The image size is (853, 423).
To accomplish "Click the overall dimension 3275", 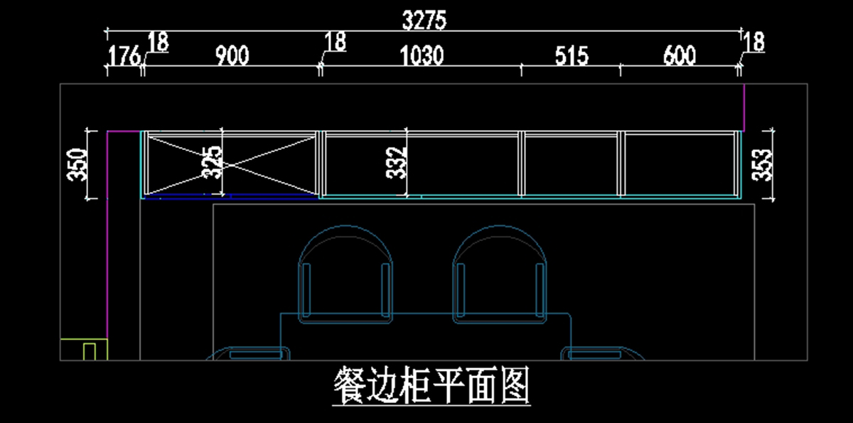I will (x=424, y=21).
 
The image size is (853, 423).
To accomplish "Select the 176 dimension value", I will (x=124, y=56).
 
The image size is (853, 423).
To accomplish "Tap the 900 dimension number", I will (x=232, y=55).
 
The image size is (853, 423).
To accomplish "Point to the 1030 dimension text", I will (x=422, y=55).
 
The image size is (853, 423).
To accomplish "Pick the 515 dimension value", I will (x=573, y=55).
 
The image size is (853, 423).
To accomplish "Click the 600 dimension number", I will (x=679, y=55).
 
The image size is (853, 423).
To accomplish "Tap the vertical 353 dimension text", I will (x=763, y=164).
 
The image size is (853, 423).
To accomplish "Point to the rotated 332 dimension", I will (x=399, y=163).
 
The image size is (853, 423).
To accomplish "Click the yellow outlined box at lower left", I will (x=83, y=349).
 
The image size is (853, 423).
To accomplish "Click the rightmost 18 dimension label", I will (x=754, y=43).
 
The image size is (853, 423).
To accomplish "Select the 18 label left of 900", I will (x=158, y=43).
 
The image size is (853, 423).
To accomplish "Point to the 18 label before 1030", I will (x=335, y=43).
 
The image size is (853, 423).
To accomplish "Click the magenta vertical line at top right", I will (x=744, y=107).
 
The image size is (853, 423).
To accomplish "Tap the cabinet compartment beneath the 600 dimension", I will (x=679, y=163).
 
